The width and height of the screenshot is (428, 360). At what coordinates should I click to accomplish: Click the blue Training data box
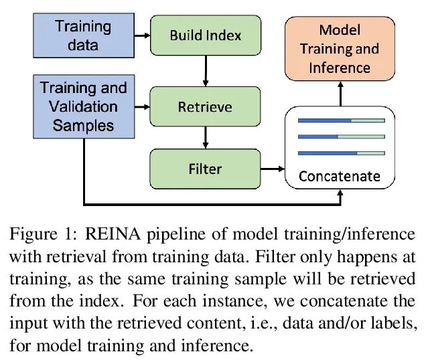tap(82, 35)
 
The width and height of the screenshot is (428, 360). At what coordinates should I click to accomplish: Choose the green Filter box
tap(204, 168)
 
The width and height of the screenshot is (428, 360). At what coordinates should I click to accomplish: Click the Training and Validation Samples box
tap(82, 106)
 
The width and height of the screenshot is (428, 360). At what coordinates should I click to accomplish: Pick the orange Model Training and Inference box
tap(339, 49)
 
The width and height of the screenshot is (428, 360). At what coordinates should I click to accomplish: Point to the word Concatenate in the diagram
tap(339, 177)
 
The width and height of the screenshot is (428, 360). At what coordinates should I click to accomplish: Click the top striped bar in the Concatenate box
tap(341, 120)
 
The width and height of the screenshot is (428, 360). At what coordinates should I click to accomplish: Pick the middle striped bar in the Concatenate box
tap(341, 137)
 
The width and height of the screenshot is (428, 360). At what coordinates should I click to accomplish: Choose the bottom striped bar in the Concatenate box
tap(341, 153)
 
